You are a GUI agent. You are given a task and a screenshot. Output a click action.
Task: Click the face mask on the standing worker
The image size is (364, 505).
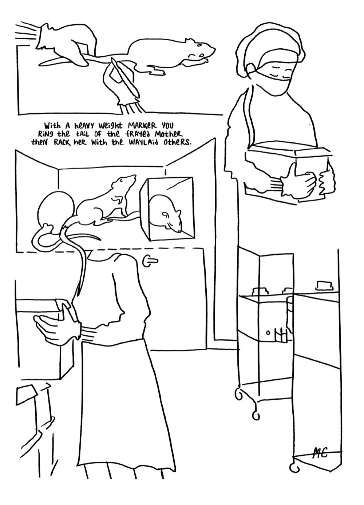click(x=274, y=80)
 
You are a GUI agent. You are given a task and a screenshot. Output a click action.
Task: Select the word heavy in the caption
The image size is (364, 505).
click(x=82, y=125)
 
